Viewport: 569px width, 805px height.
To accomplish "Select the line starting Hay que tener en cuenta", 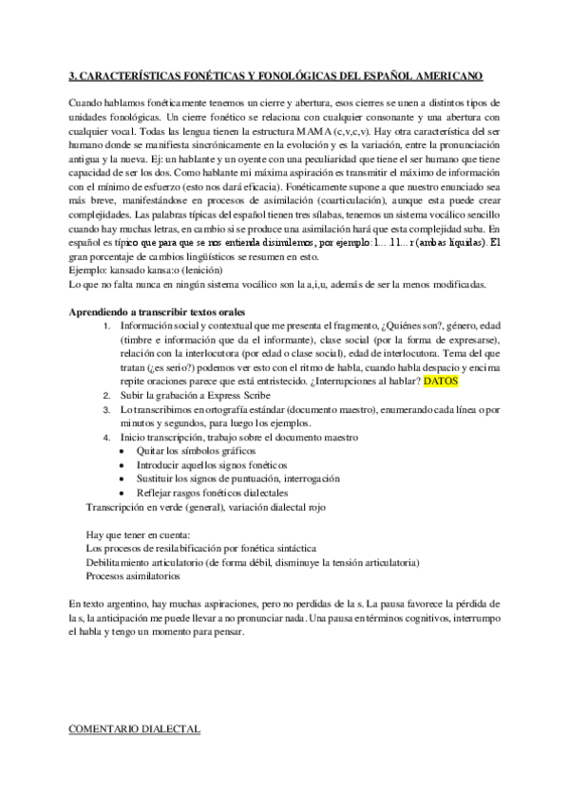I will tap(139, 534).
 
